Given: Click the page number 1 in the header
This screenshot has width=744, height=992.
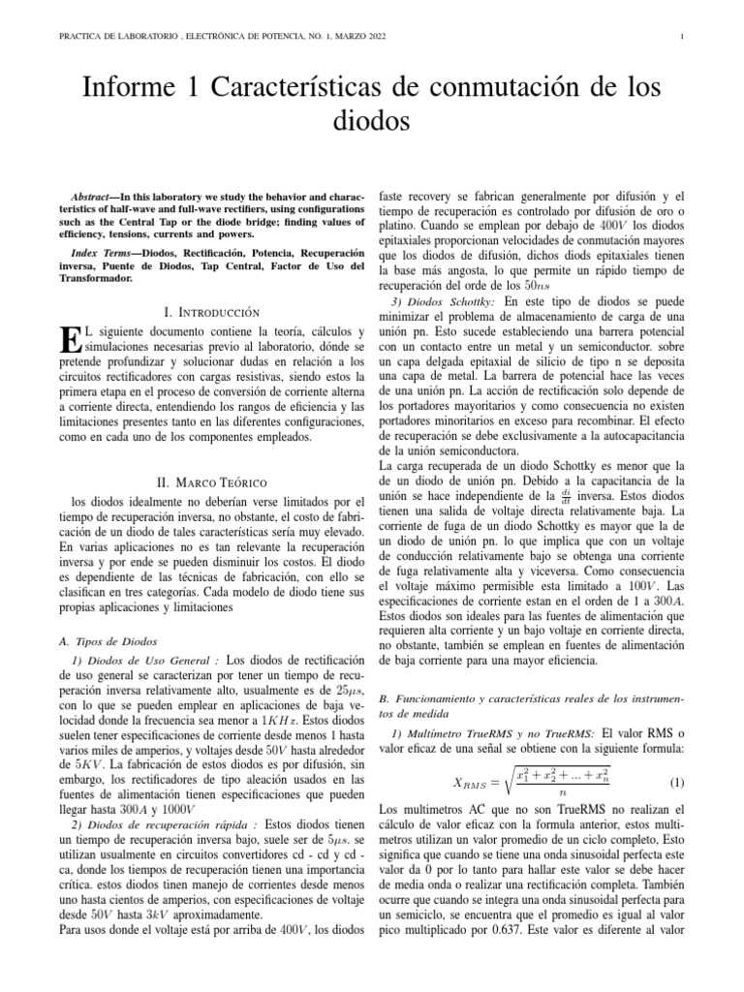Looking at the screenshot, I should pos(684,38).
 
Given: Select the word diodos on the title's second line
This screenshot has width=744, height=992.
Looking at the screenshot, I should pos(371,123).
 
